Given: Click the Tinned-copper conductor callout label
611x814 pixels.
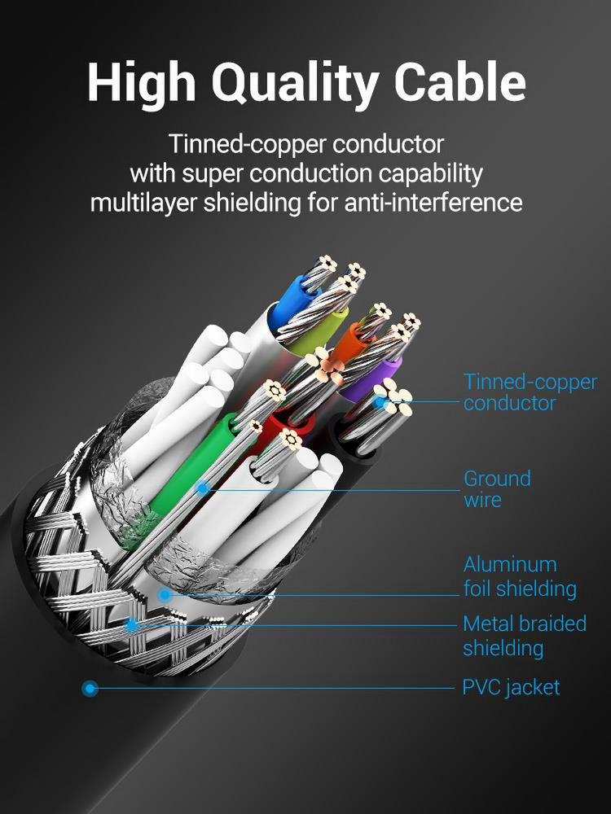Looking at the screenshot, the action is click(x=530, y=392).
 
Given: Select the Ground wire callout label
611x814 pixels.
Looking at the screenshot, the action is click(x=497, y=488).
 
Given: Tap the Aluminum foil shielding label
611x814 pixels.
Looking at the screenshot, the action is click(x=520, y=576).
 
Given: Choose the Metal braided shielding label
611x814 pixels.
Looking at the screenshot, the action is click(x=525, y=636).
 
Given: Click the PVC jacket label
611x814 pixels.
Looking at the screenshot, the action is click(x=512, y=687).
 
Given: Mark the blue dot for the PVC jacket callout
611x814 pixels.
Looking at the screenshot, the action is click(x=90, y=689).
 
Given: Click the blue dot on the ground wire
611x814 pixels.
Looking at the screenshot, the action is click(x=202, y=488).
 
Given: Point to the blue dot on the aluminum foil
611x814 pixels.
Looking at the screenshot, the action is click(x=165, y=594).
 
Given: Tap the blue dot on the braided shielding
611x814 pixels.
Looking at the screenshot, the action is click(x=132, y=624).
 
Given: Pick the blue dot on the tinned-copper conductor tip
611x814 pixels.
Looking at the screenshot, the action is click(x=380, y=401).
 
